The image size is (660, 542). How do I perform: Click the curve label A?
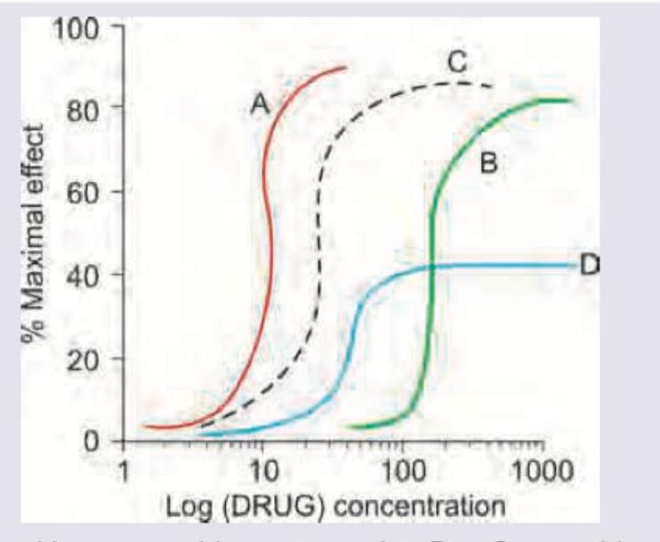[x=260, y=105]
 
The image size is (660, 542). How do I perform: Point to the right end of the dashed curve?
[x=494, y=86]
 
